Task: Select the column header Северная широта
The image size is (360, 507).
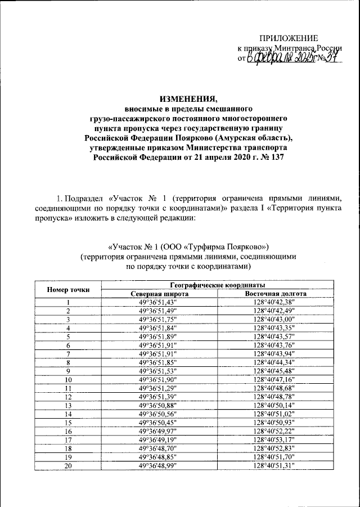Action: click(160, 294)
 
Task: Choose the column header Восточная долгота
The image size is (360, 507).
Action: click(275, 294)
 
